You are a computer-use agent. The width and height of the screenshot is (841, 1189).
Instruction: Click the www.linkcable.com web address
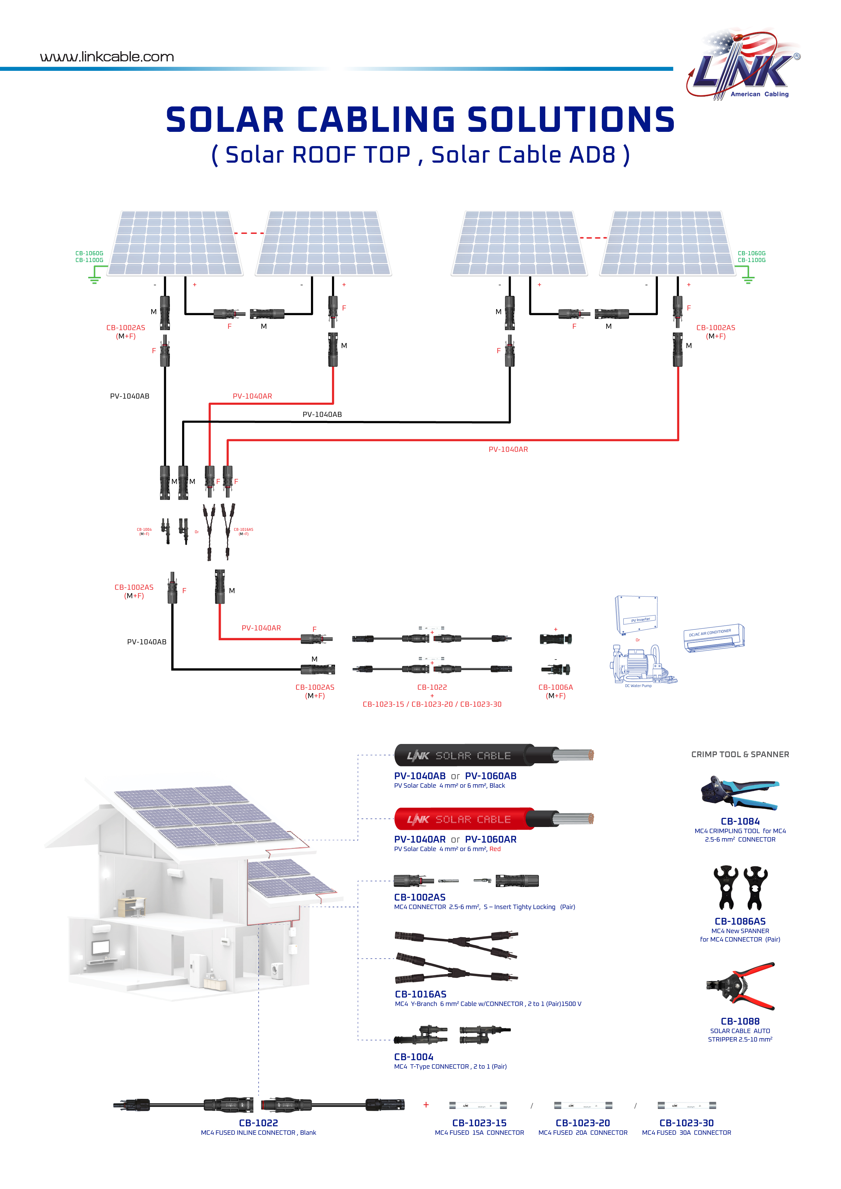click(x=107, y=57)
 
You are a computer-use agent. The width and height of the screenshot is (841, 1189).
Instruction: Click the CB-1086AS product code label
click(x=740, y=921)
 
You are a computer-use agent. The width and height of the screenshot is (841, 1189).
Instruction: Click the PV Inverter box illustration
click(x=636, y=615)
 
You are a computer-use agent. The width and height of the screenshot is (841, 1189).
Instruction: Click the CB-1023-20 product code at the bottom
click(x=583, y=1123)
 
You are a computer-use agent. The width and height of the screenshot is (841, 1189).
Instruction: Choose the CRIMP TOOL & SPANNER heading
click(x=740, y=754)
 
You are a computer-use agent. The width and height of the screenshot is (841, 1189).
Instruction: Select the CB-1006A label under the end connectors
click(x=555, y=687)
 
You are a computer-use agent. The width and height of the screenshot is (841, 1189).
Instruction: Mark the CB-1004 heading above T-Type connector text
click(x=413, y=1057)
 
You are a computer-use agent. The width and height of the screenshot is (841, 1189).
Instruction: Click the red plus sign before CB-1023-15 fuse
click(x=426, y=1105)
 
